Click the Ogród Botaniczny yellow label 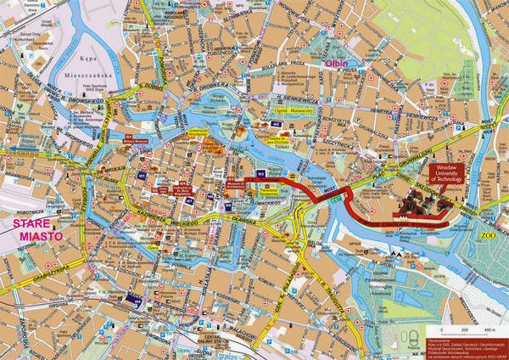pos(294,110)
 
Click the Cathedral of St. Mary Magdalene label pos(186,188)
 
